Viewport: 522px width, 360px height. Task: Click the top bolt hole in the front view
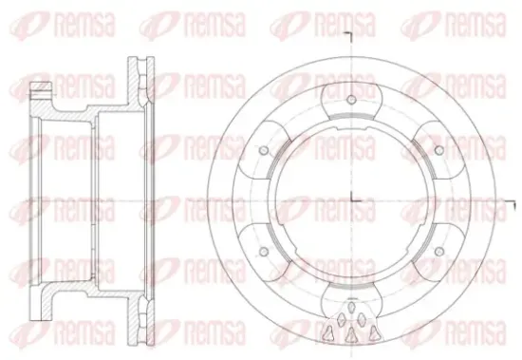coord(351,100)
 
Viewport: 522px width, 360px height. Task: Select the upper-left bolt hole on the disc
coord(263,150)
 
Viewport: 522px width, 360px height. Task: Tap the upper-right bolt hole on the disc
coord(439,150)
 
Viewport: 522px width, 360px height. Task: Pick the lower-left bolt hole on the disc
coord(263,252)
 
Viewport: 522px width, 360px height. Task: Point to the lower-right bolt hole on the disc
coord(439,252)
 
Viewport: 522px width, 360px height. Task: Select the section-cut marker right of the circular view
coord(511,205)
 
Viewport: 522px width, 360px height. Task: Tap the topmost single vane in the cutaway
coord(351,307)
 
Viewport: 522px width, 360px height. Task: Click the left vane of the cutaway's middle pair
coord(341,320)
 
